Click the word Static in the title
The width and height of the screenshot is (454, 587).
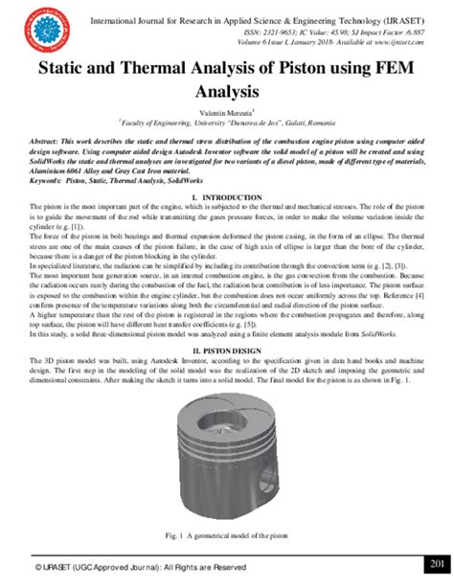click(60, 71)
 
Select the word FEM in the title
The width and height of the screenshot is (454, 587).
click(398, 71)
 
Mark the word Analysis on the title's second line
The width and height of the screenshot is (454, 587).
click(227, 93)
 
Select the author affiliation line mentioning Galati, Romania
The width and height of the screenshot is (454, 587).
click(227, 122)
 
